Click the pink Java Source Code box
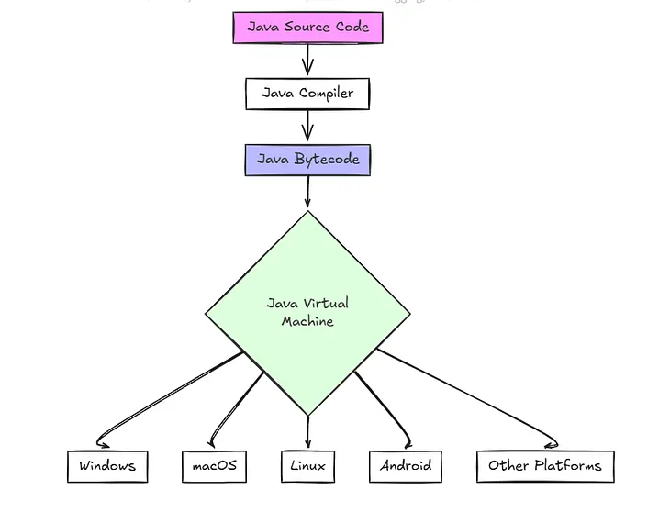(x=307, y=28)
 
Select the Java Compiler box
(x=307, y=94)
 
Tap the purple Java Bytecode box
(x=307, y=160)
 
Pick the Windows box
(x=107, y=466)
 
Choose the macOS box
(x=214, y=466)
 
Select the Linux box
(x=307, y=466)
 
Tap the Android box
(x=406, y=466)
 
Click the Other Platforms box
(x=545, y=466)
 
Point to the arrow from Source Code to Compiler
(x=307, y=61)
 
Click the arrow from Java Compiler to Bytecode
(x=307, y=127)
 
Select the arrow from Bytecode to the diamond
(x=307, y=193)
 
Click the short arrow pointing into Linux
(x=307, y=433)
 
